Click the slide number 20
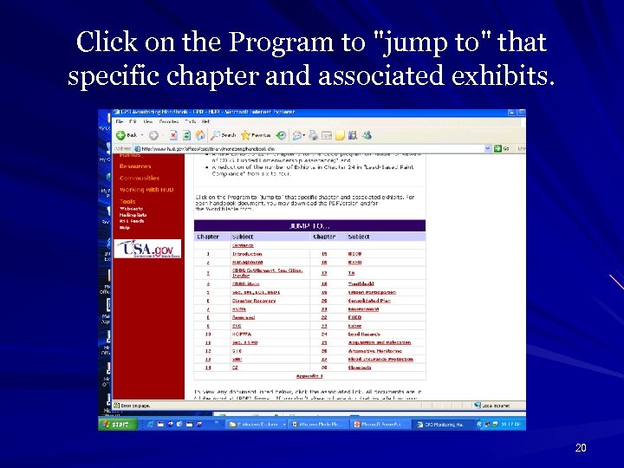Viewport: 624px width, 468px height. coord(581,448)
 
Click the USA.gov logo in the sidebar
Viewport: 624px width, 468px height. coord(147,249)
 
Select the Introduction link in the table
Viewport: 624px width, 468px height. coord(246,254)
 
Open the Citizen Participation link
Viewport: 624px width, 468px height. coord(372,292)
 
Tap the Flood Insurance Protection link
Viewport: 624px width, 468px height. coord(380,359)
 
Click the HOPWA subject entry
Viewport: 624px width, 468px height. coord(241,334)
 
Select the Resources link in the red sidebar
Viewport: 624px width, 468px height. coord(135,166)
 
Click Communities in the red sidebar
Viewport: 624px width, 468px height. coord(140,178)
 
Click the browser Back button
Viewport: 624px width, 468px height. coord(127,135)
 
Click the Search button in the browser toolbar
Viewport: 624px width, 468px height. coord(224,135)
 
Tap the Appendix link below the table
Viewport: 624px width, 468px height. coord(309,376)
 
